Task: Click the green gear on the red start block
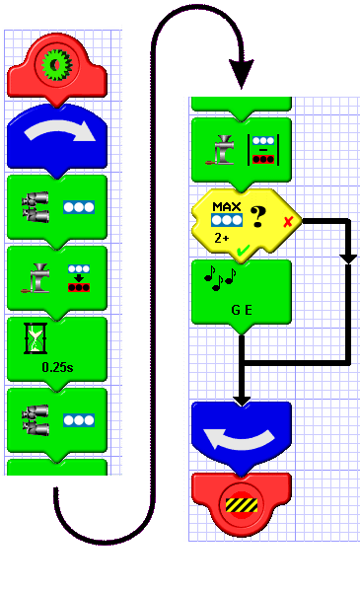[57, 65]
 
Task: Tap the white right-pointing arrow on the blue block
[59, 134]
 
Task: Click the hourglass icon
[36, 338]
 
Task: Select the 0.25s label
[57, 367]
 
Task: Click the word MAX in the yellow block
[227, 207]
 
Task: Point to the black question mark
[258, 217]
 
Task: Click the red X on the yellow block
[288, 222]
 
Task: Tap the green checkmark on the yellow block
[244, 250]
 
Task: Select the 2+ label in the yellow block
[222, 238]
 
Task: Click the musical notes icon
[220, 278]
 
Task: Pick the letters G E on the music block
[242, 310]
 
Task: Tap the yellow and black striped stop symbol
[242, 505]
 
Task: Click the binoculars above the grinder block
[36, 207]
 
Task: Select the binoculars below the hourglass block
[36, 420]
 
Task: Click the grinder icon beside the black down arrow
[36, 278]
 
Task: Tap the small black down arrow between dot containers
[79, 278]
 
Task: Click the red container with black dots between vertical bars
[263, 159]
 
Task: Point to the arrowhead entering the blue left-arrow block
[242, 401]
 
